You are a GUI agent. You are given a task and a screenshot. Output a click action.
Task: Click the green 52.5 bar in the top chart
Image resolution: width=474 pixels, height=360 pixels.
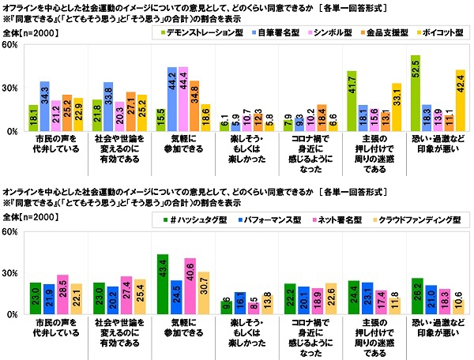coord(416,95)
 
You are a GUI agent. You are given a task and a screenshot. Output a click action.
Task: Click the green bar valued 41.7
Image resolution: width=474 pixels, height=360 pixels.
coord(352,103)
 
